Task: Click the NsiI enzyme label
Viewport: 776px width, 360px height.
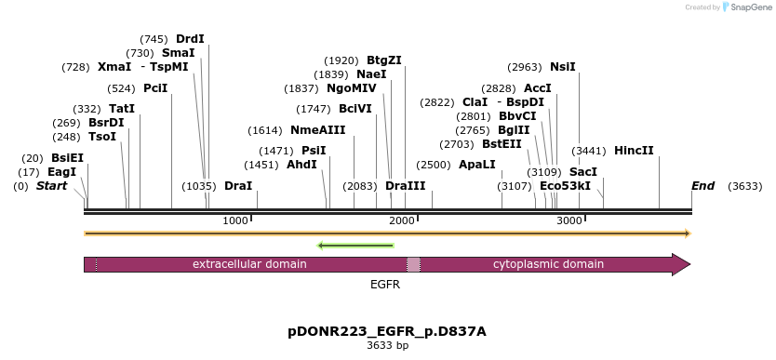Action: [563, 67]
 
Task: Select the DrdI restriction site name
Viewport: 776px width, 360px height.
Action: [190, 38]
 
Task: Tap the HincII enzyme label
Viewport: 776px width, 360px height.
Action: [634, 151]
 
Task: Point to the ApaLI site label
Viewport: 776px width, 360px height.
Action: [477, 164]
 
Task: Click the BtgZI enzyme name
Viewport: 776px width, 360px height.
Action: [384, 60]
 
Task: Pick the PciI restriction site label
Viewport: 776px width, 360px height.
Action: [156, 88]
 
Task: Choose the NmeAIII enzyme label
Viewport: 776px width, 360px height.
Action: [318, 130]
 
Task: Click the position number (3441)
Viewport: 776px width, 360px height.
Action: [589, 151]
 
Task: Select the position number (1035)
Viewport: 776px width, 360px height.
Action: [199, 186]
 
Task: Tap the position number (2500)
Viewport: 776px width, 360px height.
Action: [434, 165]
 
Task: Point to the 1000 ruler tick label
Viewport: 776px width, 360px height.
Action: [235, 220]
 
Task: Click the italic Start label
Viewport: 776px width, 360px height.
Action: [51, 186]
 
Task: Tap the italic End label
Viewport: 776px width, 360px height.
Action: [703, 186]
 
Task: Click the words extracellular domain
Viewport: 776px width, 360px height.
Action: [249, 264]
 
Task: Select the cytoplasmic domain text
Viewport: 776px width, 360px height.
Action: [548, 264]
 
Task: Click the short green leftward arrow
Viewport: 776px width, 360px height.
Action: [355, 246]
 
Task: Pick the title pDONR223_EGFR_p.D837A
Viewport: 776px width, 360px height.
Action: [387, 331]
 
